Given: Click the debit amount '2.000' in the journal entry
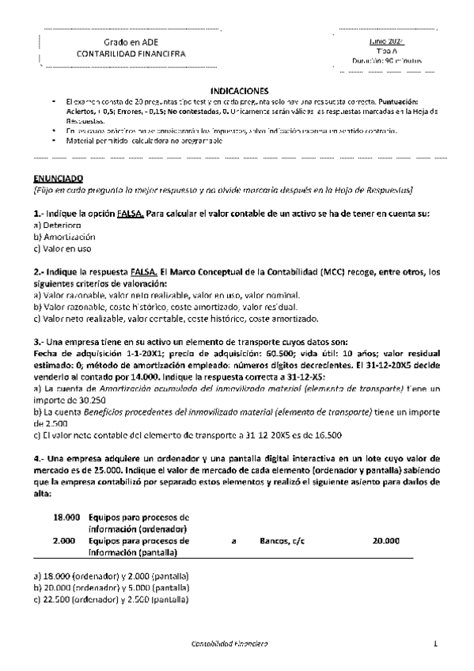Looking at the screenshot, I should (68, 541).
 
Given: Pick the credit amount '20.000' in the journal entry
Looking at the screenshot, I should (385, 541).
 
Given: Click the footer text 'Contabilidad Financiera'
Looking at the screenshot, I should (230, 645).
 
